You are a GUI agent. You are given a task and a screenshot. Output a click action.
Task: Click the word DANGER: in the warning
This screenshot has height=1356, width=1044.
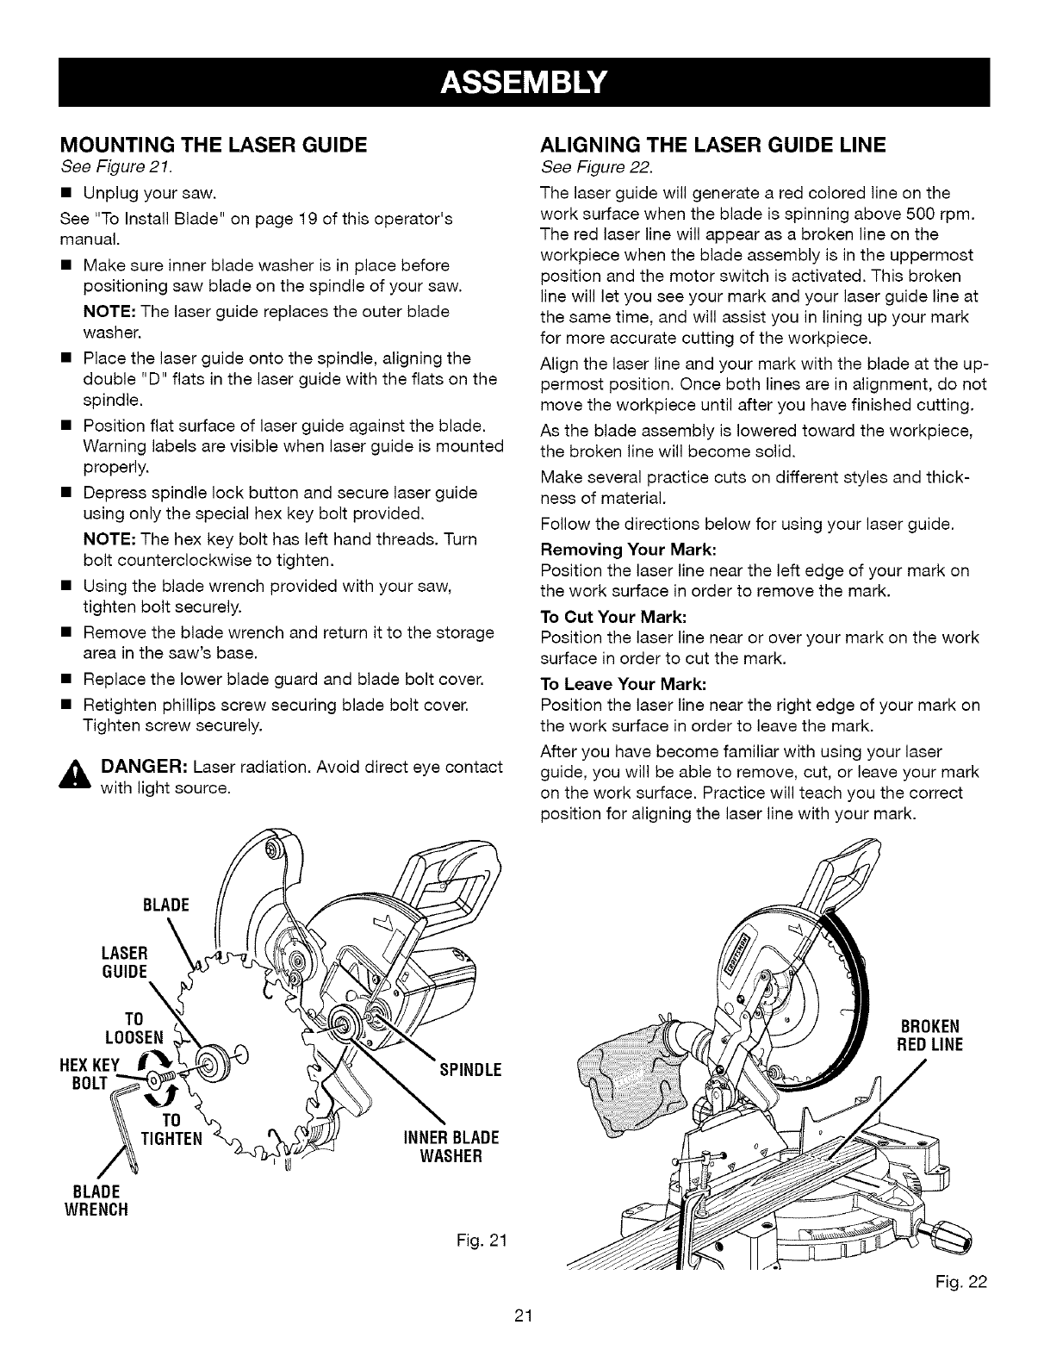coord(144,767)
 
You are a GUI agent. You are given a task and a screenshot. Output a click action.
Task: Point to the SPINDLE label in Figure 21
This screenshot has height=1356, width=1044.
coord(470,1071)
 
